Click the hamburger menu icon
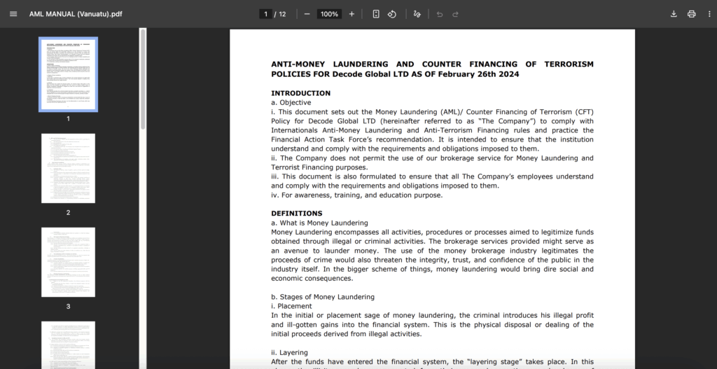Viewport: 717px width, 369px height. [13, 14]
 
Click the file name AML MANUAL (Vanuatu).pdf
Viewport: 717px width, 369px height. [76, 14]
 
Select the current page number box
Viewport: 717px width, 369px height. [265, 14]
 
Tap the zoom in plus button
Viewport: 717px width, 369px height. [351, 14]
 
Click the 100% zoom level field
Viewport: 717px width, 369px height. [329, 14]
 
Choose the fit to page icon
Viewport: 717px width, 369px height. [376, 14]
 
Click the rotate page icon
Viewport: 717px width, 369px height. [392, 14]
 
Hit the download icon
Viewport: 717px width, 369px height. [674, 14]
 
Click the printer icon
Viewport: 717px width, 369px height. [692, 14]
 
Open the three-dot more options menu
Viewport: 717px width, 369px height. [709, 14]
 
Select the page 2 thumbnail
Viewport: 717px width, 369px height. [68, 169]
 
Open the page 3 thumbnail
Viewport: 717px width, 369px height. [68, 262]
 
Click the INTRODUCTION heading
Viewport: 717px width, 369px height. [300, 93]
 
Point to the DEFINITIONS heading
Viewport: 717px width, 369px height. [297, 213]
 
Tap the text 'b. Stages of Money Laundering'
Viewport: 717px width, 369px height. [323, 297]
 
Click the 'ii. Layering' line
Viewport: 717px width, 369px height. [289, 352]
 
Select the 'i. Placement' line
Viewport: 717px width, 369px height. [291, 306]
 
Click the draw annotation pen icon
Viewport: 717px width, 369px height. [417, 14]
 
